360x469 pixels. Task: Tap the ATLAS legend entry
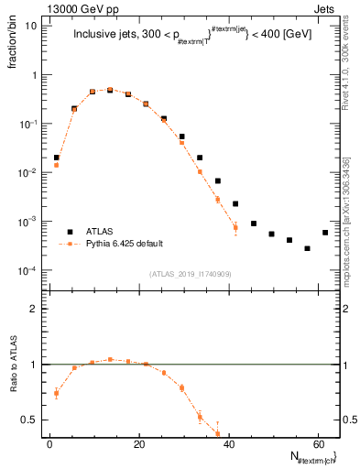[x=102, y=232]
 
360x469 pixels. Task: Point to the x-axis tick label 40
[x=227, y=443]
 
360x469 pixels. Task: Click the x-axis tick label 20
[x=138, y=443]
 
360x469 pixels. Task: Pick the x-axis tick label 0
[x=49, y=443]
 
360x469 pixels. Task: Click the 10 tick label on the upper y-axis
[x=30, y=26]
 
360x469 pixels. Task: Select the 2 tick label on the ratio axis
[x=33, y=309]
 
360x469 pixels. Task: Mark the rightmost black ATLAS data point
[x=325, y=232]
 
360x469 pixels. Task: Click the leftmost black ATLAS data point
[x=56, y=158]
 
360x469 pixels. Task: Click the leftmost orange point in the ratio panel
[x=56, y=394]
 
